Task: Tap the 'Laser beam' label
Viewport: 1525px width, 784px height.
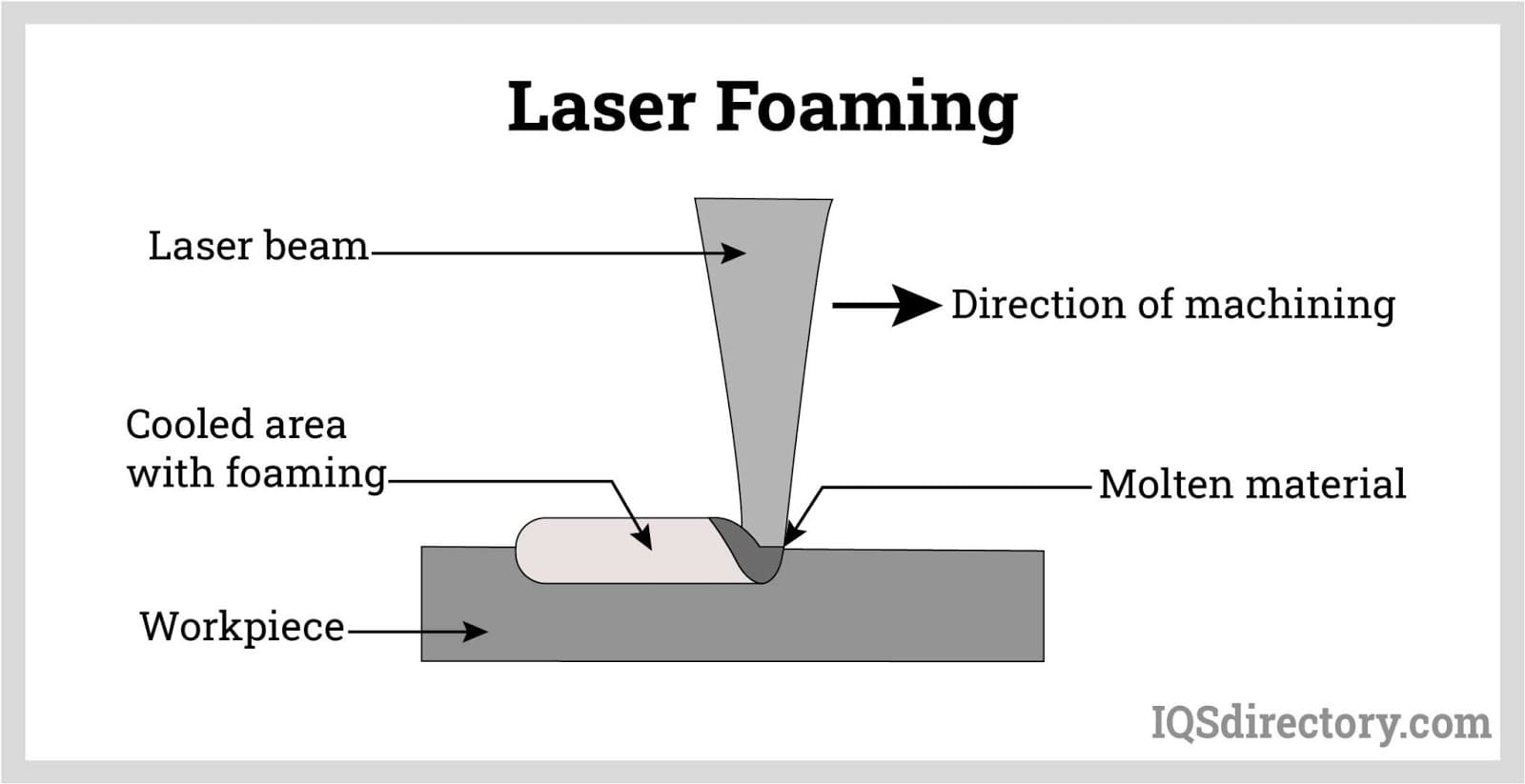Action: click(257, 246)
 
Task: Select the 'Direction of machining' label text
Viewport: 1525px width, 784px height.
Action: click(1172, 305)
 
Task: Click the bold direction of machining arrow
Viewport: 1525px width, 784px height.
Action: click(886, 305)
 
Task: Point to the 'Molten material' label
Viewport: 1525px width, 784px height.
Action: click(1251, 484)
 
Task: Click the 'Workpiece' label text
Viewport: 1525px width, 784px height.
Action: click(242, 627)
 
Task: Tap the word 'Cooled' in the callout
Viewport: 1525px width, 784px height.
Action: click(189, 425)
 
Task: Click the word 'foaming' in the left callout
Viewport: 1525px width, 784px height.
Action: click(305, 473)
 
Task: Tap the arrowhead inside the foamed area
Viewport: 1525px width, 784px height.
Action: click(643, 538)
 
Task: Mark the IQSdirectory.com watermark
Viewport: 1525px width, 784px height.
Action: click(1320, 723)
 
